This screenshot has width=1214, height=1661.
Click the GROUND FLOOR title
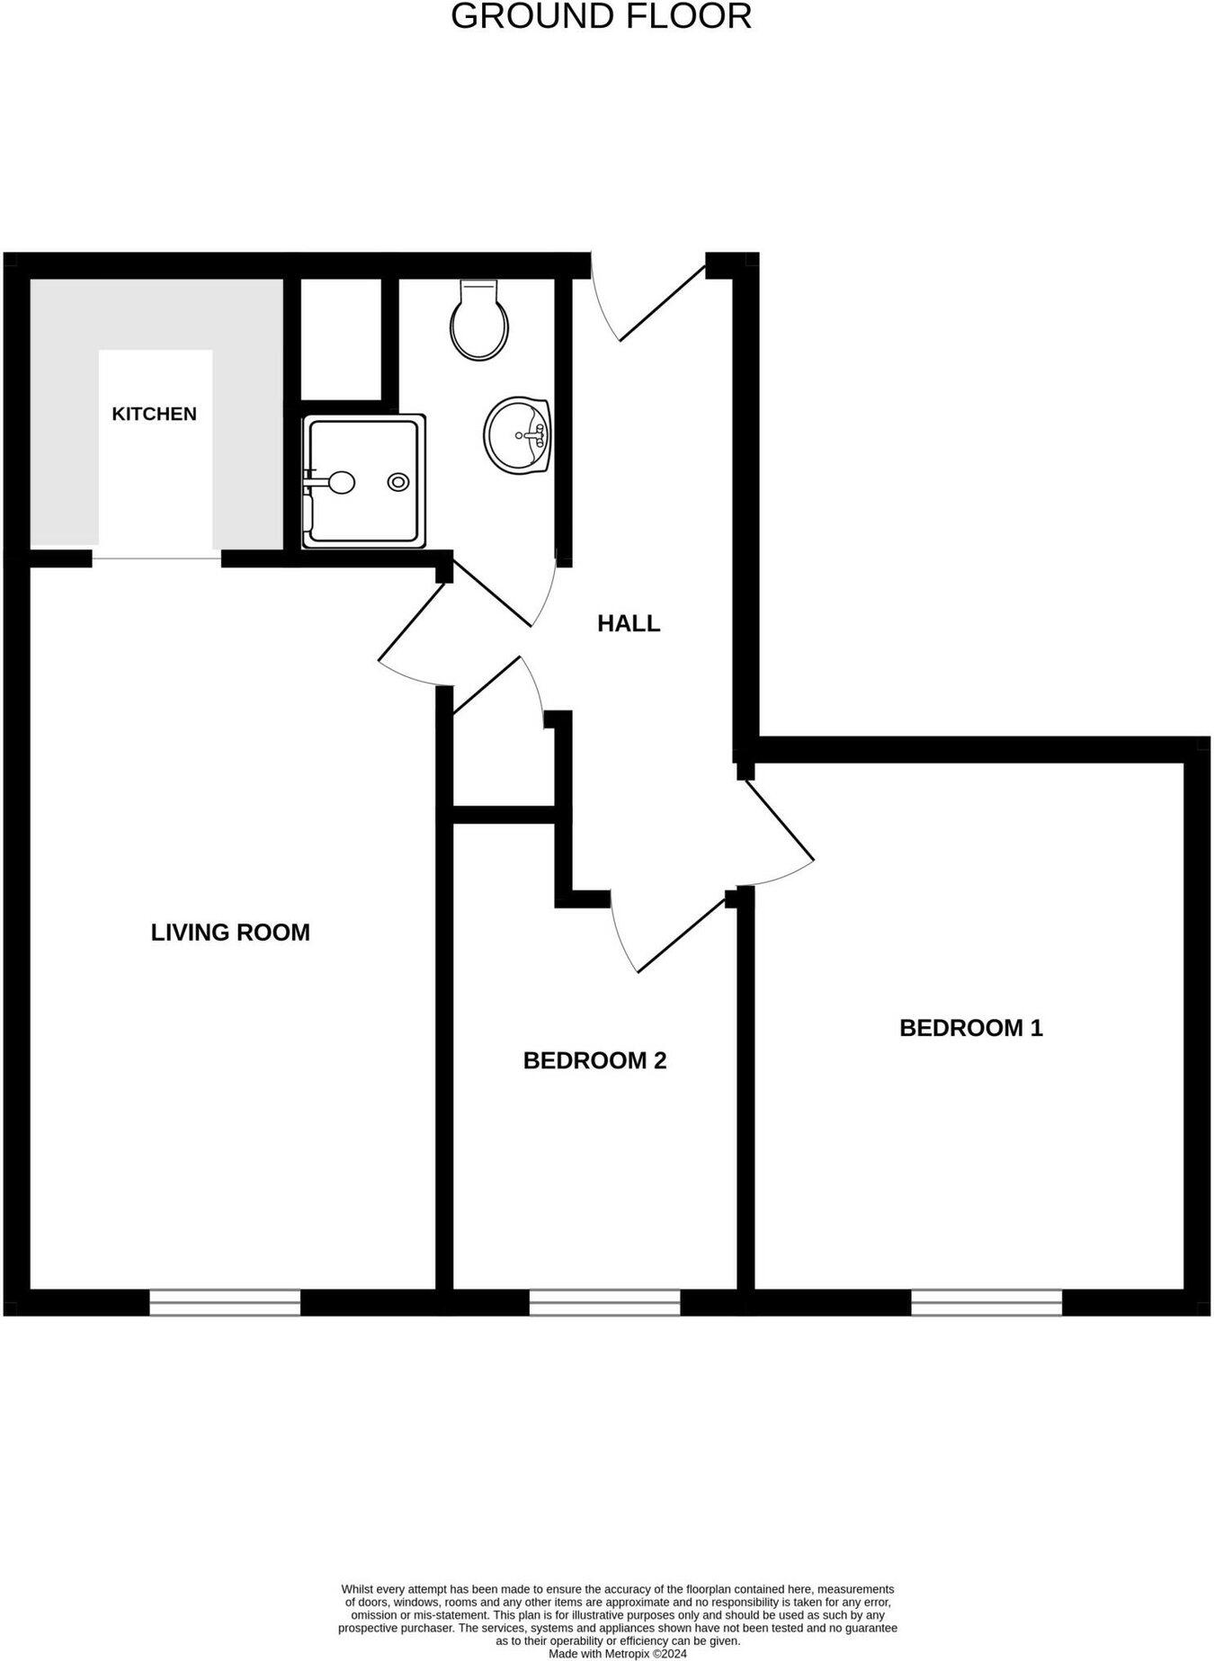pyautogui.click(x=601, y=17)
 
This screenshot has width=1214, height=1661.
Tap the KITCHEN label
pyautogui.click(x=154, y=414)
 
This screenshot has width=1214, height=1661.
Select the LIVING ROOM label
pyautogui.click(x=230, y=933)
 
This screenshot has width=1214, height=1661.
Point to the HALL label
pyautogui.click(x=629, y=623)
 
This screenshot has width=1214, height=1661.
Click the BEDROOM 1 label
pyautogui.click(x=970, y=1028)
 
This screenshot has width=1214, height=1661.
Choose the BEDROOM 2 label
pyautogui.click(x=594, y=1060)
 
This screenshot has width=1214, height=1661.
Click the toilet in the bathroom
pyautogui.click(x=479, y=320)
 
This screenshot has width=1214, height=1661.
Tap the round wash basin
pyautogui.click(x=517, y=434)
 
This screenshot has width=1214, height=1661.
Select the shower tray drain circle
pyautogui.click(x=397, y=482)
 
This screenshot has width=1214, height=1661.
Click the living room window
pyautogui.click(x=225, y=1301)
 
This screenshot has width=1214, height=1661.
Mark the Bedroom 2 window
pyautogui.click(x=604, y=1301)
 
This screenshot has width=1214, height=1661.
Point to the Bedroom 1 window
pyautogui.click(x=986, y=1301)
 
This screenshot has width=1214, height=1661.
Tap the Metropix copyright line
pyautogui.click(x=617, y=1653)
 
